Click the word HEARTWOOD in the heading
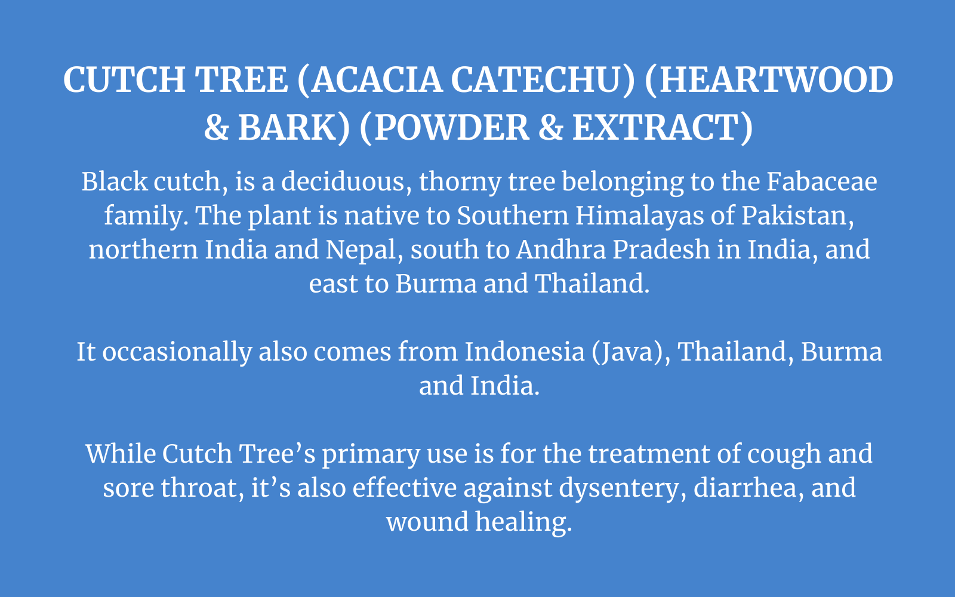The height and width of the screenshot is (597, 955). [776, 80]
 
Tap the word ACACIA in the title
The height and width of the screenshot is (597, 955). [377, 80]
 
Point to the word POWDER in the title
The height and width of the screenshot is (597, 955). [452, 128]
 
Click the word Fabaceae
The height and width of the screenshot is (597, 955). [822, 181]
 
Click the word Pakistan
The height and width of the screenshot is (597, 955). [797, 216]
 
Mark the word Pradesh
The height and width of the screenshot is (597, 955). [661, 250]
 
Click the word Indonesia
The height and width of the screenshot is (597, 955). [525, 352]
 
